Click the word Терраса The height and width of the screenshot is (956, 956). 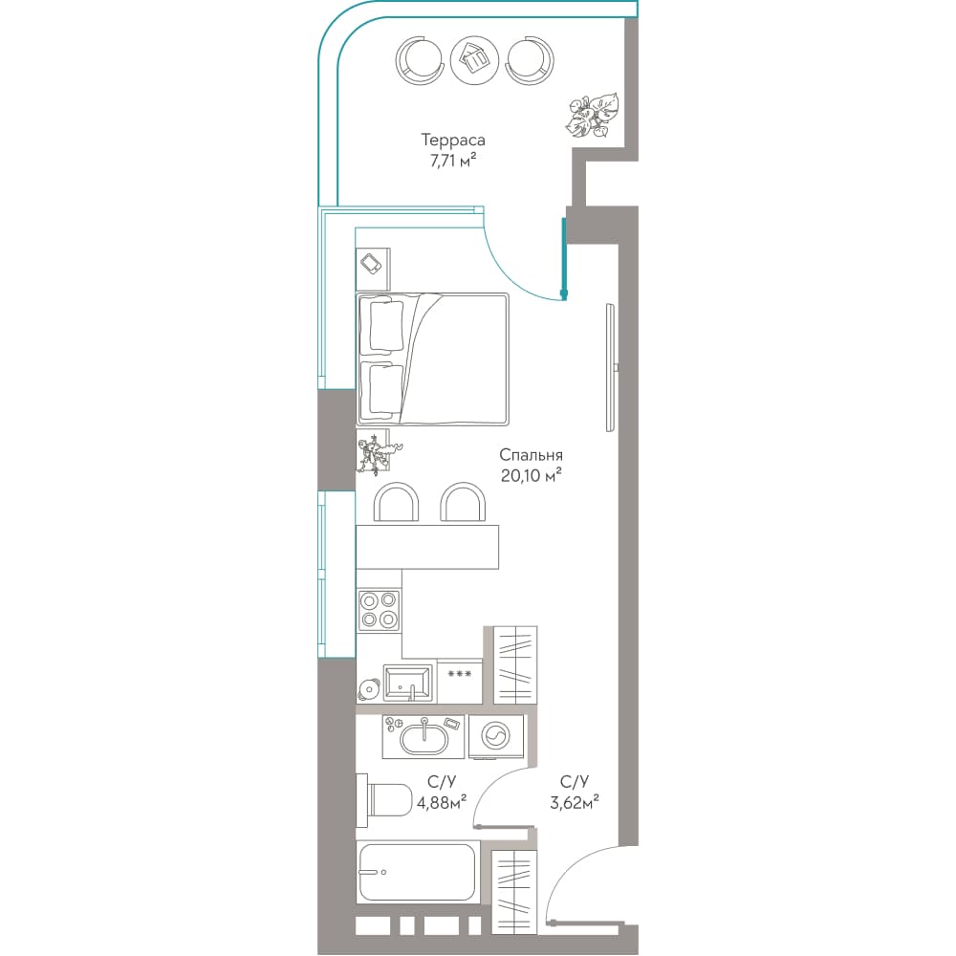click(453, 141)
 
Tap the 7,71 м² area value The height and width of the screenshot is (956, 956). click(452, 161)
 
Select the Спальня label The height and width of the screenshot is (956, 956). click(531, 455)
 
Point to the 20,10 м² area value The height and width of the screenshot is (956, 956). click(531, 475)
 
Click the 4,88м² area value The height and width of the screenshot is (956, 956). click(442, 803)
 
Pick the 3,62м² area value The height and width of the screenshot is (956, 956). click(575, 803)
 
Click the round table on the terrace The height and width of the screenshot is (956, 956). click(474, 59)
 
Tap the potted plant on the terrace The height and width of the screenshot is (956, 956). click(592, 118)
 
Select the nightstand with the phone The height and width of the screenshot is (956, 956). click(373, 269)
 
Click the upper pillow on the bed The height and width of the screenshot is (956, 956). click(382, 324)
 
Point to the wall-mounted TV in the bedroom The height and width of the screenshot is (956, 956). click(611, 368)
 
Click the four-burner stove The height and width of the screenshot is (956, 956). click(379, 610)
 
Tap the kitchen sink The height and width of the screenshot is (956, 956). click(408, 684)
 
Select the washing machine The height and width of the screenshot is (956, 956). click(495, 736)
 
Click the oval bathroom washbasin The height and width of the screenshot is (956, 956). click(424, 737)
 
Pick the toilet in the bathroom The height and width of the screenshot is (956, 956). click(384, 800)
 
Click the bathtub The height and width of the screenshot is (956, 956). click(418, 872)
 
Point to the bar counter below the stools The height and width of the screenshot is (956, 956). click(427, 547)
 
